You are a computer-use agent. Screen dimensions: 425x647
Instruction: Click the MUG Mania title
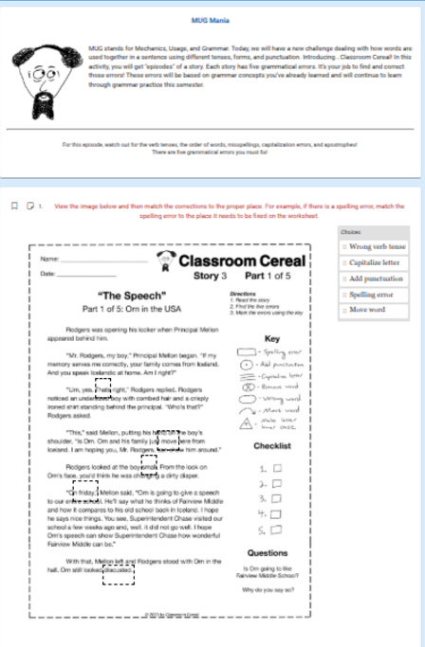coord(212,19)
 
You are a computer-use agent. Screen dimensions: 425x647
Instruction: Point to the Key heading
coord(271,338)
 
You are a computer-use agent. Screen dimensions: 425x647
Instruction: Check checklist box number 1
coord(278,469)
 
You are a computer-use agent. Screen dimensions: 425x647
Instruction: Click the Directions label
coord(243,295)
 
